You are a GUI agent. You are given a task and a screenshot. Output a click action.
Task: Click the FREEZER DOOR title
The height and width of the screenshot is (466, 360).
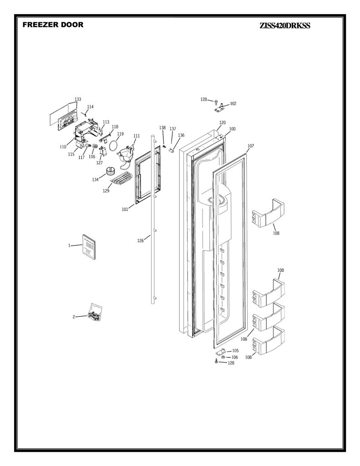pos(53,25)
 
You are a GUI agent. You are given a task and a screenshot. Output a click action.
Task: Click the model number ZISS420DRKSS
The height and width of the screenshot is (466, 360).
pos(284,26)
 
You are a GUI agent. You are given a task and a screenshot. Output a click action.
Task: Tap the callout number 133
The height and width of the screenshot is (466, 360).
pos(77,99)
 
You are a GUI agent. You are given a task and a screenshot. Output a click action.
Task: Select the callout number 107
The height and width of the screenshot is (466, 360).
pos(251,146)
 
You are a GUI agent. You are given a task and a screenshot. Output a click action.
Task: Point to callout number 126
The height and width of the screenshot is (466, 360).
pos(140,241)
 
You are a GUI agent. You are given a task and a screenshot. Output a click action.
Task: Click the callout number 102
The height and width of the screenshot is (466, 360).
pos(233,103)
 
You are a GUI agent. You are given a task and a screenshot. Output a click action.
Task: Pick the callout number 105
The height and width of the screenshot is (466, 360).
pos(235,351)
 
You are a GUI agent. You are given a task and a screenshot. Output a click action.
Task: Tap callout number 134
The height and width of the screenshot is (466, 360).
pos(95,179)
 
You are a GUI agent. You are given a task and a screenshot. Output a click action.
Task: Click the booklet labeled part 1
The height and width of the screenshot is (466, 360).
pos(89,247)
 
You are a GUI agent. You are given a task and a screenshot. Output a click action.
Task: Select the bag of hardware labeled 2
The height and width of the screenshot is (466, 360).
pos(95,312)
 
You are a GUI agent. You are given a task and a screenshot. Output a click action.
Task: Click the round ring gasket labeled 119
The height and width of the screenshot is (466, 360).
pos(113,146)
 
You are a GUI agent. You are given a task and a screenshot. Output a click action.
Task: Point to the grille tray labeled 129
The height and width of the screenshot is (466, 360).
pos(121,178)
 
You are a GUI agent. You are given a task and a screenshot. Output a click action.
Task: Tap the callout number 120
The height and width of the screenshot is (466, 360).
pos(223,122)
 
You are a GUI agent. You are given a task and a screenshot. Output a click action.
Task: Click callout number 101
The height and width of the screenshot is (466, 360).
pos(125,209)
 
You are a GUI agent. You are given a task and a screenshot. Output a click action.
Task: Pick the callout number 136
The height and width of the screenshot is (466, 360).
pos(181,135)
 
